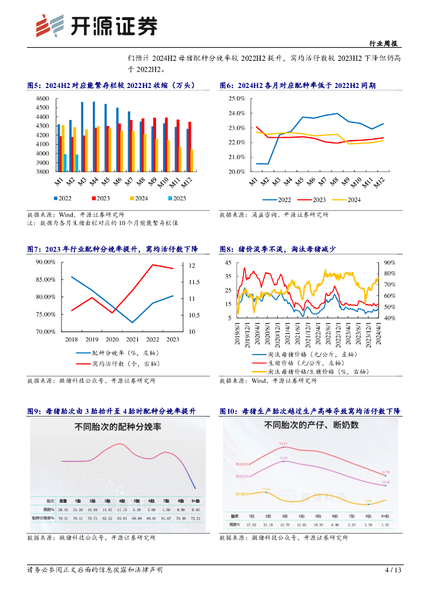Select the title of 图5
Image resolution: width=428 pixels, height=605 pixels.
tap(111, 86)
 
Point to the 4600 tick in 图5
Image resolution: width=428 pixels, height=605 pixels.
tap(42, 98)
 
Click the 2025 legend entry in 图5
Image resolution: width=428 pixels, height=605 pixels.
tap(175, 199)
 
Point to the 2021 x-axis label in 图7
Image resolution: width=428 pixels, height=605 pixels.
tap(132, 339)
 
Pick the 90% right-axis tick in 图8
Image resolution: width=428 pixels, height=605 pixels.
tap(390, 262)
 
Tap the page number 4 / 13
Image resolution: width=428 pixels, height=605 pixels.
tap(393, 570)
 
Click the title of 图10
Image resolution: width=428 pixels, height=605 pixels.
tap(310, 411)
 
